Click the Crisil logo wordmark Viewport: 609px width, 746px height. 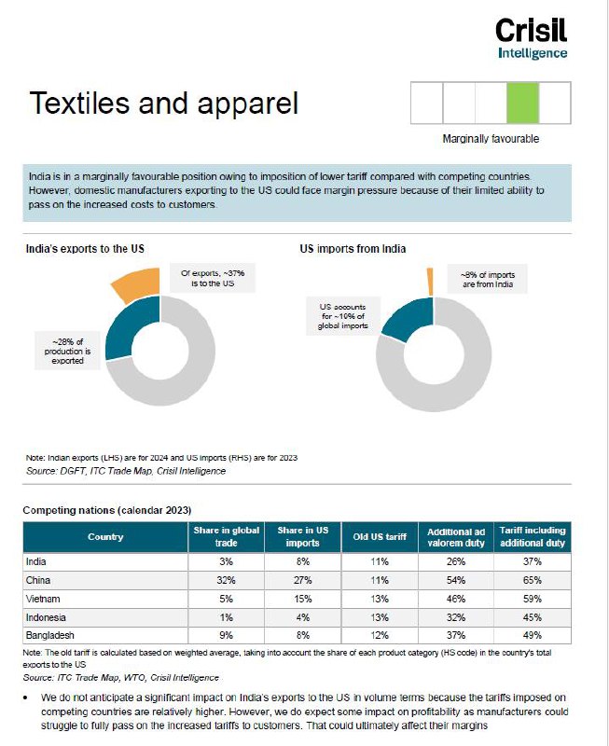click(x=531, y=31)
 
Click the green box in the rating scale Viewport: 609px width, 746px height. click(x=523, y=103)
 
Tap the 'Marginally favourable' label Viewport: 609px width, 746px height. click(x=491, y=139)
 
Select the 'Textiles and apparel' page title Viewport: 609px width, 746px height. click(x=163, y=103)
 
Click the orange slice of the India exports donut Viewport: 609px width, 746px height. click(x=138, y=283)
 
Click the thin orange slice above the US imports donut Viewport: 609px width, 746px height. click(x=430, y=282)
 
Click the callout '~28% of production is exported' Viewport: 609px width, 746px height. click(x=67, y=352)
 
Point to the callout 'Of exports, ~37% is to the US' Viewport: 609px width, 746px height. click(x=213, y=278)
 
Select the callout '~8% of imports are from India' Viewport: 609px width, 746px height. click(x=488, y=279)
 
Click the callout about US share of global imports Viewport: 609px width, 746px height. click(x=343, y=316)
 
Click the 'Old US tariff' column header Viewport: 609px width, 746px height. click(x=380, y=537)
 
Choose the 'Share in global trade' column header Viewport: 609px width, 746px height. click(x=226, y=537)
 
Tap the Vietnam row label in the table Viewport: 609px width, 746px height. click(x=43, y=599)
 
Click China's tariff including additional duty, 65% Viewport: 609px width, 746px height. click(x=533, y=580)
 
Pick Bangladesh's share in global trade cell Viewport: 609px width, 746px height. click(x=226, y=635)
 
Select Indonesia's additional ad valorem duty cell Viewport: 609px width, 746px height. click(x=456, y=617)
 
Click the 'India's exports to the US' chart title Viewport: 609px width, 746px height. click(x=85, y=248)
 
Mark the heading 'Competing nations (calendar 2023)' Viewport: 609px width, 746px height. click(x=107, y=510)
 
